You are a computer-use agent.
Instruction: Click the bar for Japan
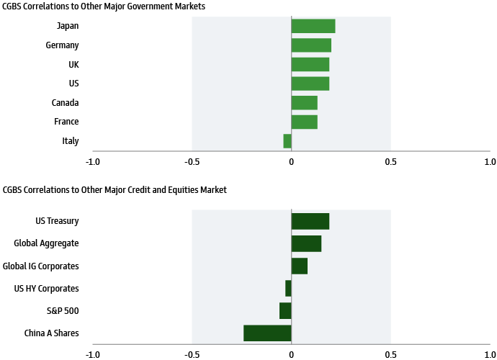click(313, 26)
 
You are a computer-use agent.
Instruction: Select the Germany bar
click(311, 45)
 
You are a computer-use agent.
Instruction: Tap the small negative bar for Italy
click(287, 141)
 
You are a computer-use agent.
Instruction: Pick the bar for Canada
click(304, 102)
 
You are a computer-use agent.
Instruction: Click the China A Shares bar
click(267, 333)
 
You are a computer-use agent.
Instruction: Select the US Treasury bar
click(310, 221)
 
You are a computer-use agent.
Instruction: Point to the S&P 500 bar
click(285, 310)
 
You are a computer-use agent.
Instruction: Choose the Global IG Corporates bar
click(299, 266)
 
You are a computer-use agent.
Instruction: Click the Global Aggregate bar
click(306, 243)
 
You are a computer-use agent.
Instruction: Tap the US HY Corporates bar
click(288, 288)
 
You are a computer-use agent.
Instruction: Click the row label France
click(66, 122)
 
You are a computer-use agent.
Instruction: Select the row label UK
click(73, 64)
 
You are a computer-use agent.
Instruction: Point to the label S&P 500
click(62, 311)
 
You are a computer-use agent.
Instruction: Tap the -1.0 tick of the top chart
click(92, 162)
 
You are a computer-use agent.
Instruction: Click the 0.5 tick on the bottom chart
click(390, 354)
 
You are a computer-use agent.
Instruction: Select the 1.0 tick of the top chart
click(490, 162)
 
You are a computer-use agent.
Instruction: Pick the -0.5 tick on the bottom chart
click(192, 354)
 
